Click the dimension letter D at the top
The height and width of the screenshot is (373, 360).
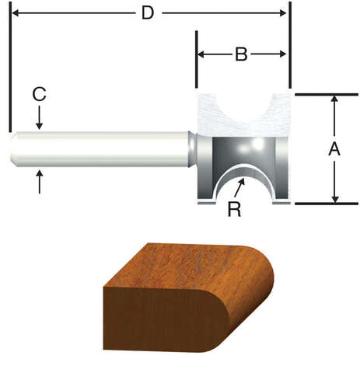click(148, 13)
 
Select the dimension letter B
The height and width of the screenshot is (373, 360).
click(241, 54)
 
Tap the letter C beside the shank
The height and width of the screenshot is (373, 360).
click(39, 95)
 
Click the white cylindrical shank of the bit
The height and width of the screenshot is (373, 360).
click(101, 149)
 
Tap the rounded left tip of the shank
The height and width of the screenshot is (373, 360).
click(15, 149)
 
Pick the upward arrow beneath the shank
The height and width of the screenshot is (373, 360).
click(40, 181)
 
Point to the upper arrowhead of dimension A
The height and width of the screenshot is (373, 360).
click(334, 101)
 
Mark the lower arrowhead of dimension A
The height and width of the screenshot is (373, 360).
click(334, 197)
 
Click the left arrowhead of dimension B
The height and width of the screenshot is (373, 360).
click(201, 54)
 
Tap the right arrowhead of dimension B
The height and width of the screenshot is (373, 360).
click(285, 54)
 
